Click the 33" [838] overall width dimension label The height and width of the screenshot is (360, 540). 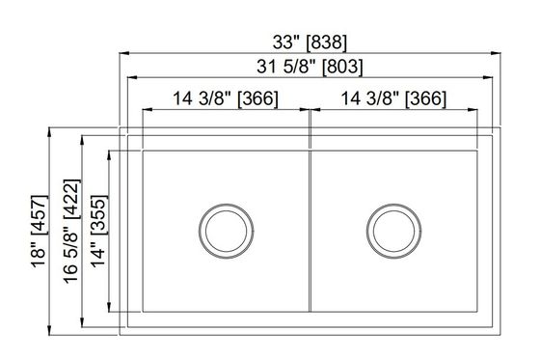pyautogui.click(x=310, y=42)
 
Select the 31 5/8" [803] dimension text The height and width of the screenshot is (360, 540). pyautogui.click(x=310, y=67)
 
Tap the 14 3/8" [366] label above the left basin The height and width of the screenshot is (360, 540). pyautogui.click(x=226, y=98)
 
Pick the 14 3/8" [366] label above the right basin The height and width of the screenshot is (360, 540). pyautogui.click(x=393, y=98)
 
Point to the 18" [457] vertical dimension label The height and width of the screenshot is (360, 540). pyautogui.click(x=40, y=232)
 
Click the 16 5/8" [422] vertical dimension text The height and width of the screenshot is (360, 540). pyautogui.click(x=71, y=232)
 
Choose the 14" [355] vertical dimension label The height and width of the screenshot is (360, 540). pyautogui.click(x=98, y=232)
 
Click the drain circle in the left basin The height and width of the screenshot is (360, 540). pyautogui.click(x=227, y=231)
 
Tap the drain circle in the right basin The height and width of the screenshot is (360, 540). pyautogui.click(x=394, y=231)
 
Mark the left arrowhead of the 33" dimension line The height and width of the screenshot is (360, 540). pyautogui.click(x=124, y=53)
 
